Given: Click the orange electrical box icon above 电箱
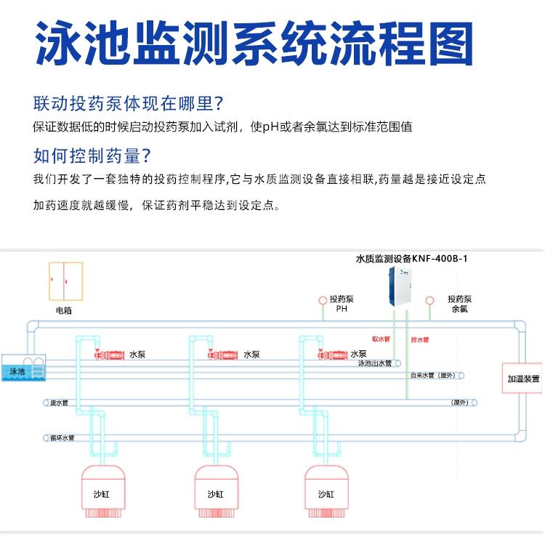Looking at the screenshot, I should [65, 282].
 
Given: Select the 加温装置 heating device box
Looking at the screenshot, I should [523, 379].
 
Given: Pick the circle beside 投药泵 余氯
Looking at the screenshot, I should [429, 299].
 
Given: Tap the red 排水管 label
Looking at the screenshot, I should [420, 339].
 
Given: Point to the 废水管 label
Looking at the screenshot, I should [59, 402].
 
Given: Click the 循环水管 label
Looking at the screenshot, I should [62, 438].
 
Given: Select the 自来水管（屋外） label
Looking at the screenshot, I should [432, 376].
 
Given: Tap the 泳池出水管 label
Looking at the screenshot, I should [374, 363].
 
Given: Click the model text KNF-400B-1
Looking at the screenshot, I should [443, 258].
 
